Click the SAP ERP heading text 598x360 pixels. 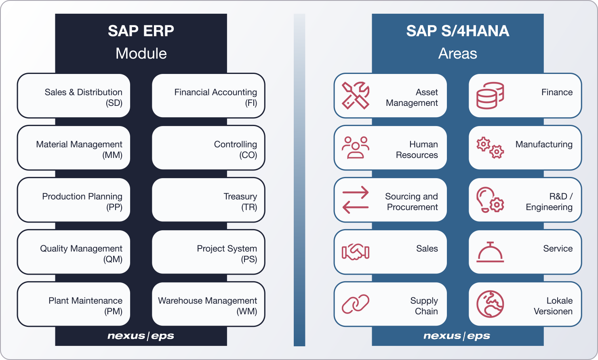point(141,31)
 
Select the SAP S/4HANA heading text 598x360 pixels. point(457,31)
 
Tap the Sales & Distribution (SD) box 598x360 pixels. point(74,95)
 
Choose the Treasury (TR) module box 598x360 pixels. point(208,200)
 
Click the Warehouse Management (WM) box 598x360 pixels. point(208,304)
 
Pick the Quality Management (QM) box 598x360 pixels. point(74,252)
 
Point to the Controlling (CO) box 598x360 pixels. point(208,147)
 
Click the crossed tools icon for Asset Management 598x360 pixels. point(356,95)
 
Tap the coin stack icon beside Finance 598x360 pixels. point(490,95)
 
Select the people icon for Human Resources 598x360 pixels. point(356,147)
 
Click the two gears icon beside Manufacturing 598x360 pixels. point(490,148)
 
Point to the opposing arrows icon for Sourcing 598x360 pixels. point(356,200)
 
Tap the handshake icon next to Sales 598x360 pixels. point(356,252)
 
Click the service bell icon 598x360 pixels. point(490,252)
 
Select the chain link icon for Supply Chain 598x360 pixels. point(356,304)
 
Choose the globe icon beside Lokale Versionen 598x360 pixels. point(490,304)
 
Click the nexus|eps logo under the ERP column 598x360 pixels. point(141,336)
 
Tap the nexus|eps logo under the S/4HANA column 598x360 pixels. point(457,336)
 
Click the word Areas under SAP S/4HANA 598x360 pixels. point(457,53)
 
